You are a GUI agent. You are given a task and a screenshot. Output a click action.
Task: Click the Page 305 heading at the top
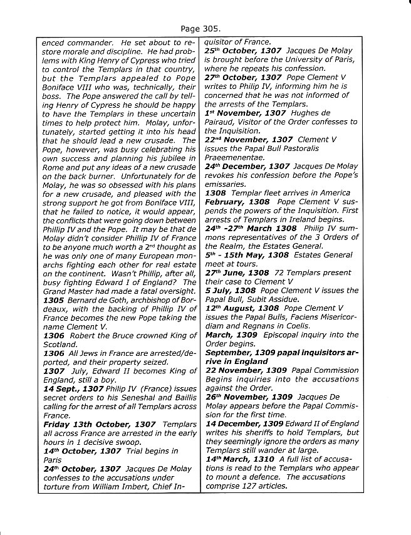click(205, 28)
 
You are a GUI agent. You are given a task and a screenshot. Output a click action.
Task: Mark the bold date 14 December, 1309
click(247, 422)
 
